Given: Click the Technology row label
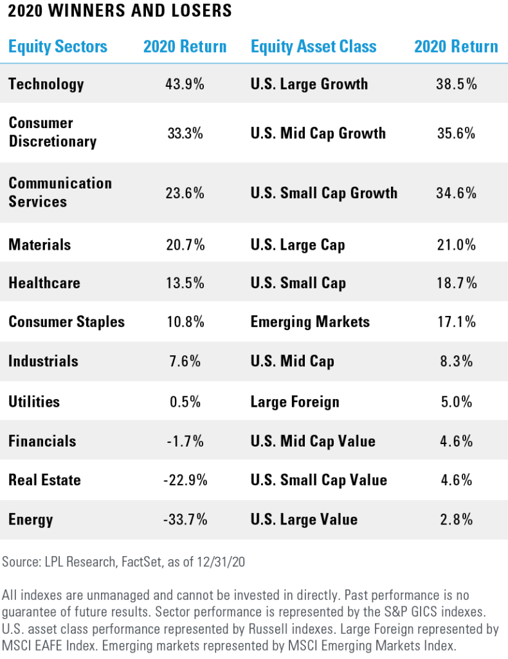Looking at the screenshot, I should click(x=46, y=84).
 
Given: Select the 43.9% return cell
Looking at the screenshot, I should click(x=185, y=84).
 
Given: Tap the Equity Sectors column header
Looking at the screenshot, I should click(x=58, y=46).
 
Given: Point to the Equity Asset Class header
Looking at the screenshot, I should click(x=313, y=46).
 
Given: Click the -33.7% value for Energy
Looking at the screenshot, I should click(x=185, y=519).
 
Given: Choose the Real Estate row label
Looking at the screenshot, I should click(x=44, y=480).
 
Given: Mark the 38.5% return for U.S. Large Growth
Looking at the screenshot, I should click(x=456, y=84).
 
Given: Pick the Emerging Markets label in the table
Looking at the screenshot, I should click(x=310, y=322).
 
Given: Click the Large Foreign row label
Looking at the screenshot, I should click(x=295, y=402).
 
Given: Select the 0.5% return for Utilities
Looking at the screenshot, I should click(x=185, y=402).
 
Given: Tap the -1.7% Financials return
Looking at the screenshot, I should click(x=185, y=441).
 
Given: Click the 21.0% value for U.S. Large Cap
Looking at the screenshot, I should click(x=456, y=245).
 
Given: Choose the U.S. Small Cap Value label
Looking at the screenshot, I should click(x=319, y=480).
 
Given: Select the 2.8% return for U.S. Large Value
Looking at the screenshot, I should click(x=456, y=519).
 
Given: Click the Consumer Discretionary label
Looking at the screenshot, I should click(x=52, y=132).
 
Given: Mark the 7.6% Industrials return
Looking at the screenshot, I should click(x=185, y=361).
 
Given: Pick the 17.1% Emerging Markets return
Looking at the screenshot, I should click(x=456, y=322).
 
